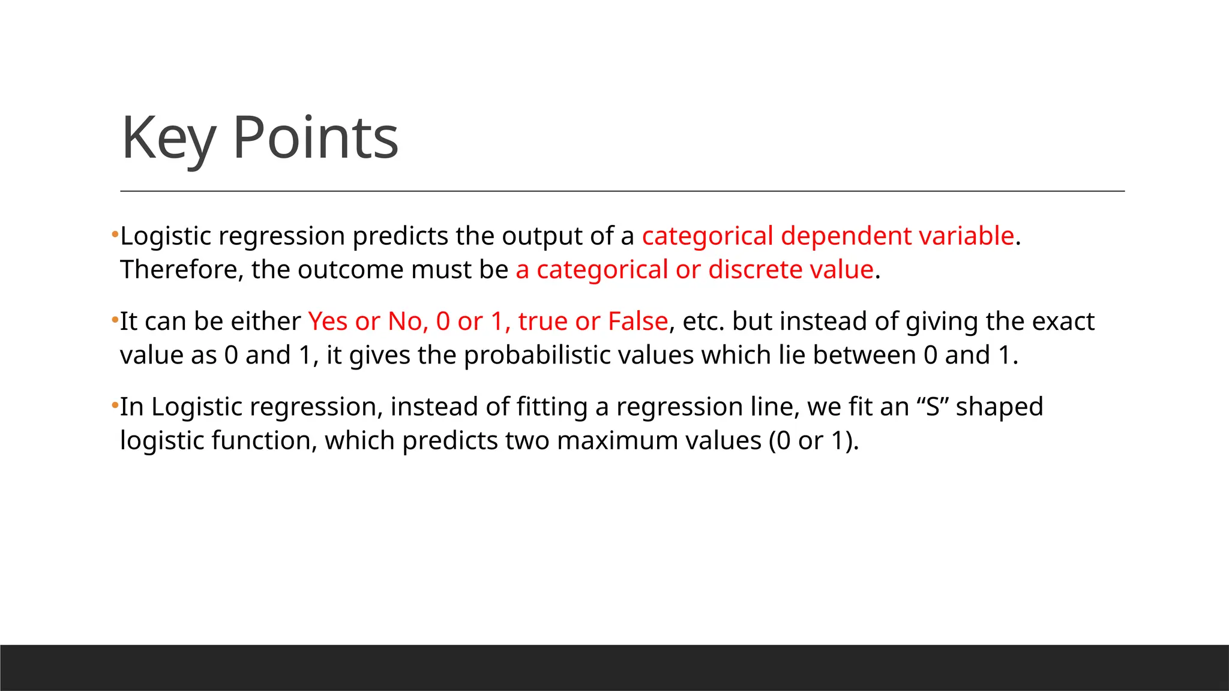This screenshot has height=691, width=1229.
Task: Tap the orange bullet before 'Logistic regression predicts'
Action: (x=114, y=235)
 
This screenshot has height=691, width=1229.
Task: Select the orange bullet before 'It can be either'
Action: (x=114, y=321)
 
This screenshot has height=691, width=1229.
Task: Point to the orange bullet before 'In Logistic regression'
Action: (x=114, y=406)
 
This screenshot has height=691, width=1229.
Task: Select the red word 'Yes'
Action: (x=328, y=322)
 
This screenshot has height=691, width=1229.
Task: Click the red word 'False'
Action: (x=638, y=322)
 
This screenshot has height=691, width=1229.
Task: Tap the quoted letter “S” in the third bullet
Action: (x=933, y=407)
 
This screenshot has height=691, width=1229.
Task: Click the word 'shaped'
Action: (x=999, y=407)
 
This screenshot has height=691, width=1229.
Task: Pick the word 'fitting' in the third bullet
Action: (x=552, y=407)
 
